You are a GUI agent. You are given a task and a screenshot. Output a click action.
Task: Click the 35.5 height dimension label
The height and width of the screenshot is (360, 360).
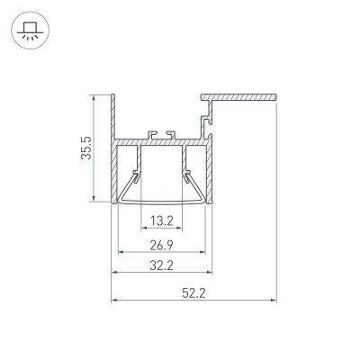click(84, 148)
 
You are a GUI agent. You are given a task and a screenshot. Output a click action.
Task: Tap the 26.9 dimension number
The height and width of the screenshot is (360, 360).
click(162, 244)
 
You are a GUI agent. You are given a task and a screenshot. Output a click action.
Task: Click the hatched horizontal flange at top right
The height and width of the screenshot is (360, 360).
click(238, 94)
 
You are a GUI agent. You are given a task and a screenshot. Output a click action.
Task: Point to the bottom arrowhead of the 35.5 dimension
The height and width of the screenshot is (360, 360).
click(94, 201)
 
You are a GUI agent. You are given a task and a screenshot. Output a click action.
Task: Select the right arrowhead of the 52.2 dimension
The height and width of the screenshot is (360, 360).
click(272, 299)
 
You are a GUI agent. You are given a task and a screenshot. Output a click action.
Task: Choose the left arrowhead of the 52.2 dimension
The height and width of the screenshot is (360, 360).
click(113, 299)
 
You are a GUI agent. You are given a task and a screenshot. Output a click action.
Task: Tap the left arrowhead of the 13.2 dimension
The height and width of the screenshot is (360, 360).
click(141, 226)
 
